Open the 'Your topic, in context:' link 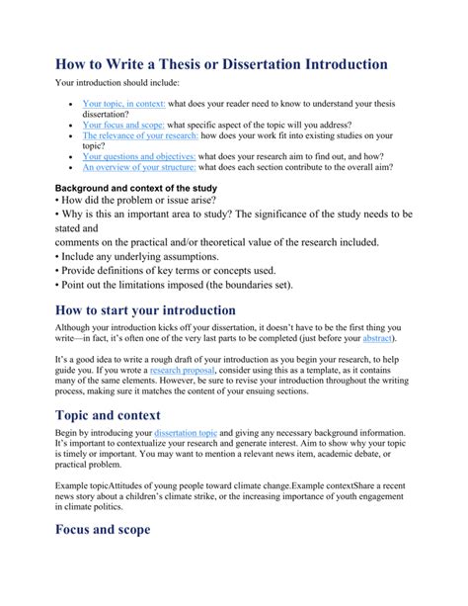coord(123,103)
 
